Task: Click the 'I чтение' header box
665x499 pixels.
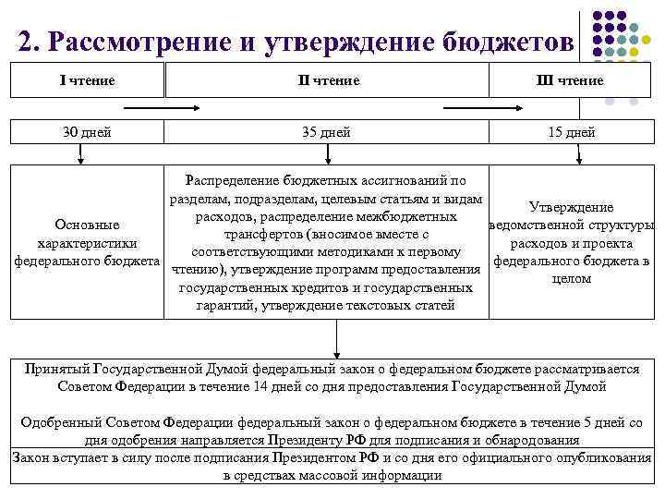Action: [x=87, y=80]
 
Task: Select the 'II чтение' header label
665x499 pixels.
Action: [x=328, y=80]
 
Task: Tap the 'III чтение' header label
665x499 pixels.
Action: [x=572, y=80]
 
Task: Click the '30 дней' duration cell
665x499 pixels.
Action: [x=87, y=132]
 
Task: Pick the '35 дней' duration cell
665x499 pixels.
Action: [x=327, y=132]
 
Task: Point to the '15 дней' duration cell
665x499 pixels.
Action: [x=572, y=132]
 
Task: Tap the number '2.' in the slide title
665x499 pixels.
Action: [x=29, y=42]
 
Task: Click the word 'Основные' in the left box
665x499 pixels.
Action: [x=87, y=225]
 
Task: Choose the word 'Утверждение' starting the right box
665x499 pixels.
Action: [x=571, y=208]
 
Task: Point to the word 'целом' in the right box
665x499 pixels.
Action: [x=571, y=278]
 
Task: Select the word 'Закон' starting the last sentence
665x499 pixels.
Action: [x=33, y=457]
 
